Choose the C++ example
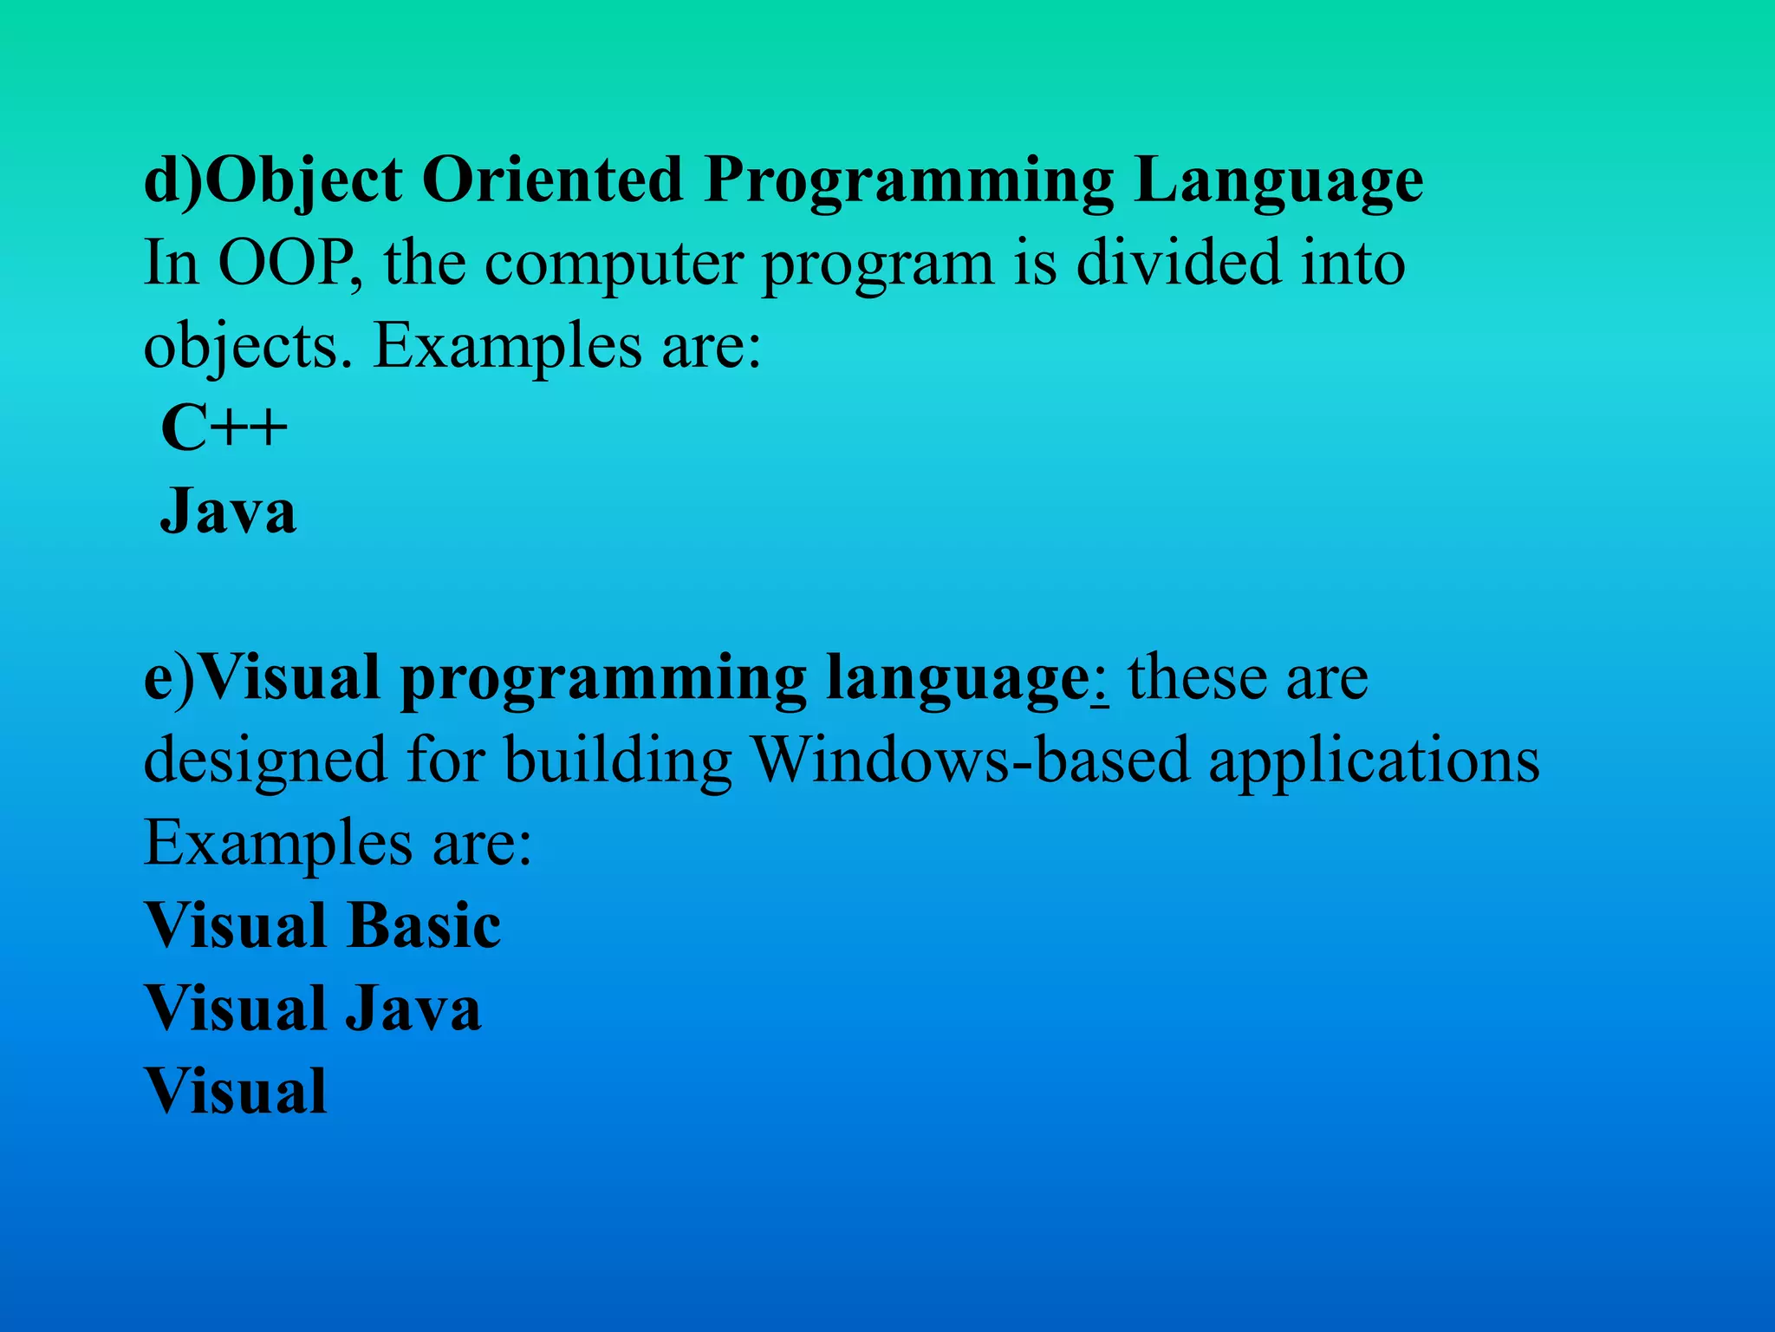(224, 428)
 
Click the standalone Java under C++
(229, 512)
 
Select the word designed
(264, 761)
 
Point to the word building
(618, 761)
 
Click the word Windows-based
(971, 761)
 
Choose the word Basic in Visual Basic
(424, 925)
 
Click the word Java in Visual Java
(413, 1009)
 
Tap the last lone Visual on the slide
(236, 1091)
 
